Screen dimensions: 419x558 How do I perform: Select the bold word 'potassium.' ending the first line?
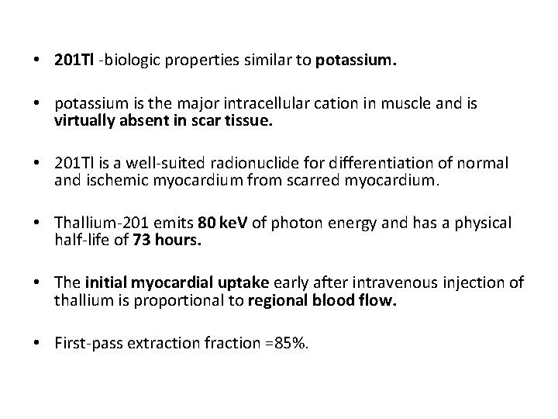356,61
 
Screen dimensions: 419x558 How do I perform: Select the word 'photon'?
305,223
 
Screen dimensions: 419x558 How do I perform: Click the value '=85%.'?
288,342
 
